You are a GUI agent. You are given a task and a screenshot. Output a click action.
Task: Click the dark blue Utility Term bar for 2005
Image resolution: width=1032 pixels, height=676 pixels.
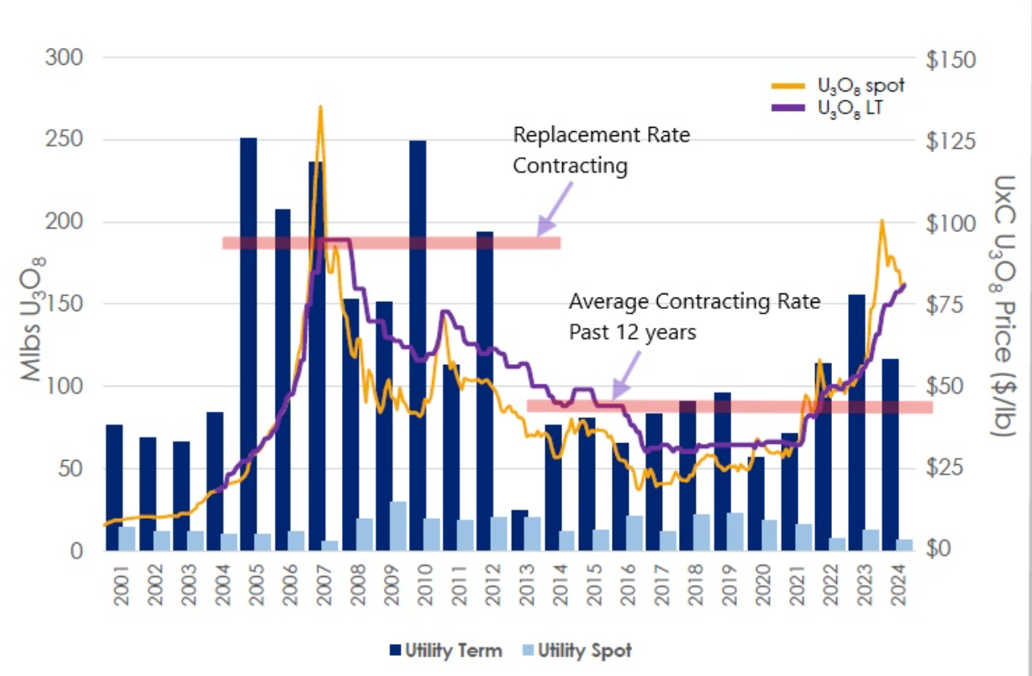(x=249, y=336)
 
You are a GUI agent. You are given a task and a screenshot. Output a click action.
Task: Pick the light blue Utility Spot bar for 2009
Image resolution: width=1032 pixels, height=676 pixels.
(x=398, y=526)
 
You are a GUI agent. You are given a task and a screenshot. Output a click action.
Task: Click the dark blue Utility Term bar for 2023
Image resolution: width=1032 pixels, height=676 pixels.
(x=857, y=420)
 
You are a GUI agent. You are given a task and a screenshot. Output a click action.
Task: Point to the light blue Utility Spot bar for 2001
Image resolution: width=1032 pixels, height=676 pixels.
(x=127, y=538)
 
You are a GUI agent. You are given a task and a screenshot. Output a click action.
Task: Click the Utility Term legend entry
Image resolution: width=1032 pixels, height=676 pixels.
(x=446, y=650)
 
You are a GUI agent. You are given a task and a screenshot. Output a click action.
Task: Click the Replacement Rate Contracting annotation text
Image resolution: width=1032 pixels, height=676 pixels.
(x=600, y=150)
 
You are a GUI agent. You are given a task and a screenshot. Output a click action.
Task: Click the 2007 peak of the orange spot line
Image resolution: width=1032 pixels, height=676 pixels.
(x=320, y=108)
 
